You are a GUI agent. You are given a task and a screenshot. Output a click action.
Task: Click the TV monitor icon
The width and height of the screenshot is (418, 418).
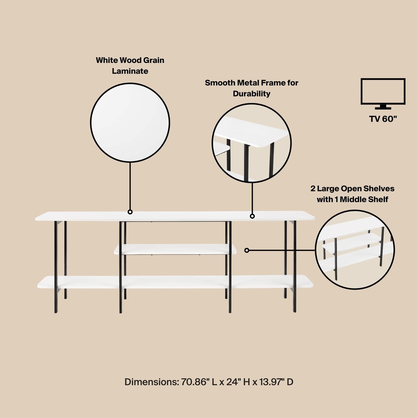click(383, 93)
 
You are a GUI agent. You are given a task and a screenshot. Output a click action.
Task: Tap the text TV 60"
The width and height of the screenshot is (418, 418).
click(383, 119)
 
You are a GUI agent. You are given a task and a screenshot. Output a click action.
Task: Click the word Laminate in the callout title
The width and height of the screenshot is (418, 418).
click(130, 71)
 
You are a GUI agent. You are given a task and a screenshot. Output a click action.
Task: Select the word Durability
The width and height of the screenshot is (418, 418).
click(251, 94)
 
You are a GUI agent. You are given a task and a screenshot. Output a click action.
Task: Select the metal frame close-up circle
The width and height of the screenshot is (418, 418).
click(252, 144)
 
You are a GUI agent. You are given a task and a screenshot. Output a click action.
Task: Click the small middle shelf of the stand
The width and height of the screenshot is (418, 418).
click(175, 249)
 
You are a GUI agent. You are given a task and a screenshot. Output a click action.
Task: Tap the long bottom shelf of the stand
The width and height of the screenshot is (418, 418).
click(175, 281)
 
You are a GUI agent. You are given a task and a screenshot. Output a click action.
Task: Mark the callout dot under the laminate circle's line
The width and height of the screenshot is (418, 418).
click(130, 212)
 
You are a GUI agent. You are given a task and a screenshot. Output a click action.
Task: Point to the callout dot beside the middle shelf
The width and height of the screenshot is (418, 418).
click(247, 250)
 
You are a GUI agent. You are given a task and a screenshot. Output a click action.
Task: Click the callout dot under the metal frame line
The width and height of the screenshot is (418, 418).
click(252, 216)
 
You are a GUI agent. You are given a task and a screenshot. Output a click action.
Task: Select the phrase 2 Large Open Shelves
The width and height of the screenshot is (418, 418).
click(352, 188)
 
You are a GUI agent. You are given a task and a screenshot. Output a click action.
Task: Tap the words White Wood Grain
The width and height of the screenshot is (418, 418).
click(130, 61)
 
